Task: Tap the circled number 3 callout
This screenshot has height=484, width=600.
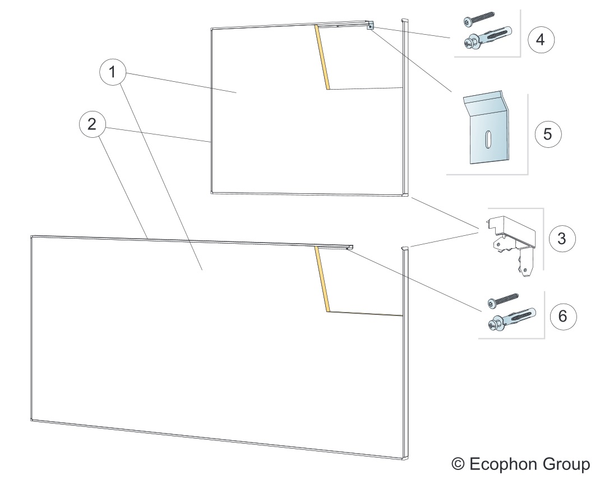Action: coord(561,238)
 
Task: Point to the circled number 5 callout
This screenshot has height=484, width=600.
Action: coord(548,134)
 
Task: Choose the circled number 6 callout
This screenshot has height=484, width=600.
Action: coord(562,315)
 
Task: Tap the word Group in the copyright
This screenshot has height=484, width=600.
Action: coord(566,464)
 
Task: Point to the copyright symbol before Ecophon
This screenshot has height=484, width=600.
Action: coord(458,464)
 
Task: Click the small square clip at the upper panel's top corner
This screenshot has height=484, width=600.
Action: coord(370,26)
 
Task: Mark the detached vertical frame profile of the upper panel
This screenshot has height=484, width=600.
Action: coord(405,106)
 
